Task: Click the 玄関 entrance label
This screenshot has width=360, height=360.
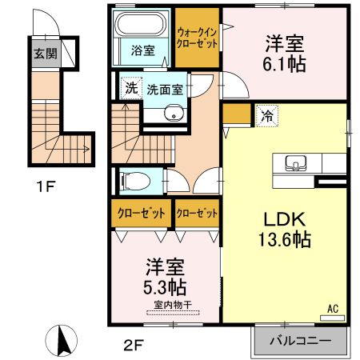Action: [46, 54]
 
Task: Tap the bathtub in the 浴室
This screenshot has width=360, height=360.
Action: [141, 23]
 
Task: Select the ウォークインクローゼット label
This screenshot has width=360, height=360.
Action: [197, 38]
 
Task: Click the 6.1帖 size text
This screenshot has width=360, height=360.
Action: [284, 64]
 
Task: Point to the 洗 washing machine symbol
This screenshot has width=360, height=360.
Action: [131, 88]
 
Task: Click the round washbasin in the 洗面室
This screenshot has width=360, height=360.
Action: [174, 114]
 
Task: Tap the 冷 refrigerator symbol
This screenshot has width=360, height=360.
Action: [267, 116]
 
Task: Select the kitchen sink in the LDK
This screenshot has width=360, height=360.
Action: [295, 163]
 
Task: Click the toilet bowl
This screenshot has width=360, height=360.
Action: [135, 182]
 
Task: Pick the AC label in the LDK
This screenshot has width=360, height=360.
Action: [333, 309]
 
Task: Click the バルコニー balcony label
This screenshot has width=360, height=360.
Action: [300, 341]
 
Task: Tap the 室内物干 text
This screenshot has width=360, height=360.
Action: [173, 305]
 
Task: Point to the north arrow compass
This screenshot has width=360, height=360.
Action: [62, 341]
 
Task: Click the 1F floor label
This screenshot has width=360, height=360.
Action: [46, 186]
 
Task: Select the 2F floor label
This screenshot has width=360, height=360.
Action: [134, 346]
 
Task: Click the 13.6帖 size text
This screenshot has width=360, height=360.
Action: [285, 239]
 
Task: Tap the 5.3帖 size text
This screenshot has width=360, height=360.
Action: [165, 287]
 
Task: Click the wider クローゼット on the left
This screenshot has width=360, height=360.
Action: [141, 214]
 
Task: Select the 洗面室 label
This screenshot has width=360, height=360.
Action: [165, 90]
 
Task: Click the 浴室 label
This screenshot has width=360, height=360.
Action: [143, 50]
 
